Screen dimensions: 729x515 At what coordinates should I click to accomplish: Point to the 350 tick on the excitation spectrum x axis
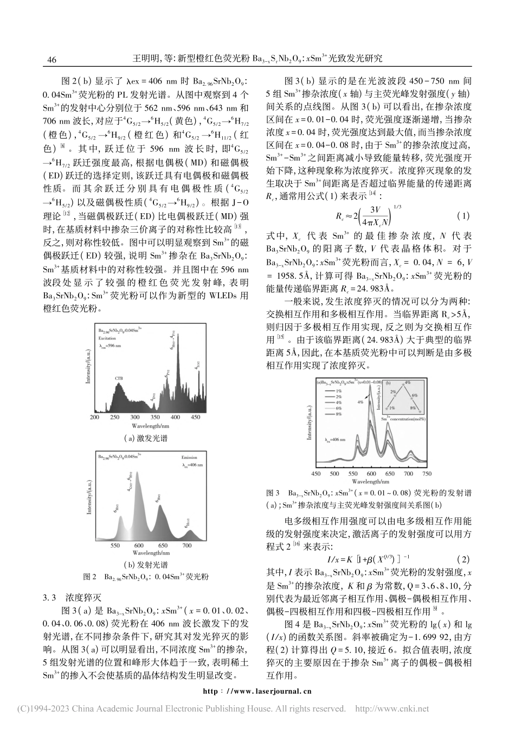coord(156,418)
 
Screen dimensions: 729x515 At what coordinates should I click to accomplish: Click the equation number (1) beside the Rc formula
coord(463,215)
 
